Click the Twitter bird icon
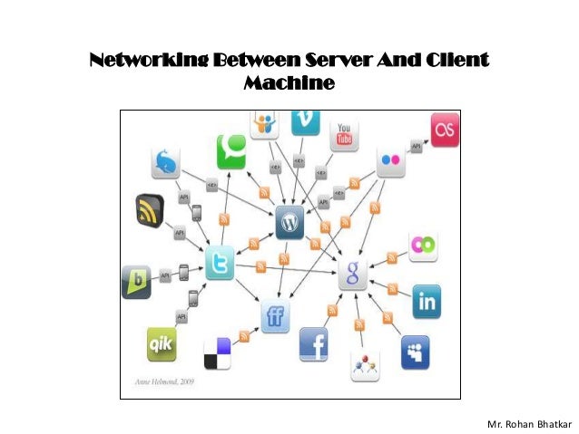click(220, 263)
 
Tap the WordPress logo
click(289, 221)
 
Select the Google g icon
click(353, 273)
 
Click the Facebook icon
click(315, 344)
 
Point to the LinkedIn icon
click(426, 301)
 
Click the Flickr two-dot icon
click(391, 161)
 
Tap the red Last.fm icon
click(445, 128)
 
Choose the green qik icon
click(162, 344)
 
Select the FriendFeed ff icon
click(275, 315)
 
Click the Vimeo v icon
click(305, 121)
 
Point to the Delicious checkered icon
click(217, 352)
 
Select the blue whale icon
click(165, 162)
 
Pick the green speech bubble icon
click(231, 150)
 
